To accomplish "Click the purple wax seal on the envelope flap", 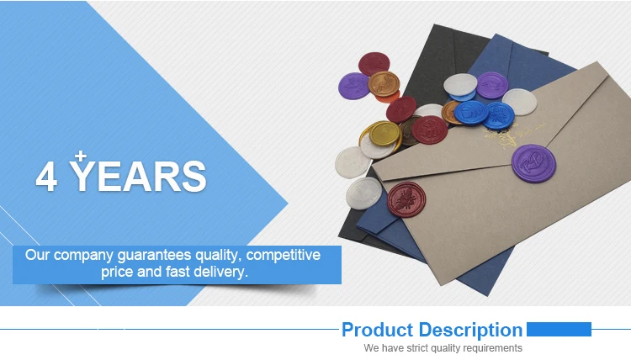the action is click(533, 164).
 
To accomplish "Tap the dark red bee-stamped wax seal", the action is click(406, 199).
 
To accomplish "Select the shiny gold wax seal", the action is click(385, 134).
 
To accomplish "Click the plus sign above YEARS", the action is click(81, 156).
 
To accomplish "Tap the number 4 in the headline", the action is click(46, 176).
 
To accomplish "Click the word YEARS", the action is click(138, 176).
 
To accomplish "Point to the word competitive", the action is click(284, 256).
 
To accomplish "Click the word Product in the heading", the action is click(378, 330).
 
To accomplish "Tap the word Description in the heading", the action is click(470, 331).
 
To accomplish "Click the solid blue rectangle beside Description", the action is click(559, 329).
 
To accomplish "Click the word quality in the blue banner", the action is click(219, 256).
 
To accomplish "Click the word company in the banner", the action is click(83, 256).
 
